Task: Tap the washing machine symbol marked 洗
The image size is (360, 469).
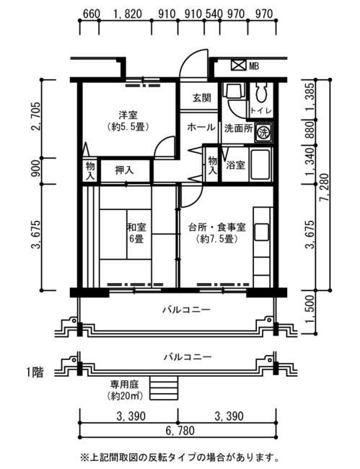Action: click(x=263, y=132)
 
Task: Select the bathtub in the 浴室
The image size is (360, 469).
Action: click(x=260, y=165)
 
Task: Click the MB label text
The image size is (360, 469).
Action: click(x=254, y=66)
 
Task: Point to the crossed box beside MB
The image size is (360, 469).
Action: click(x=238, y=65)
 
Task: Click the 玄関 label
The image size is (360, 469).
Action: click(x=202, y=98)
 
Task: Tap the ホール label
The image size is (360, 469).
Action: click(x=201, y=128)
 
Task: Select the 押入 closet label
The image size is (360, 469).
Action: click(x=124, y=170)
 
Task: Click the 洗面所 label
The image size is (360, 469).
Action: click(x=239, y=128)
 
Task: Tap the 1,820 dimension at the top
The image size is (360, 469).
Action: click(x=127, y=14)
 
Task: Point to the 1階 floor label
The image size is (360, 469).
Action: click(x=35, y=373)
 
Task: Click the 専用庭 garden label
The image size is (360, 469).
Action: click(x=125, y=383)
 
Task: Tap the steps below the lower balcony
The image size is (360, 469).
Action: click(x=164, y=388)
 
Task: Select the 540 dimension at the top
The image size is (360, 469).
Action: click(x=214, y=14)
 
